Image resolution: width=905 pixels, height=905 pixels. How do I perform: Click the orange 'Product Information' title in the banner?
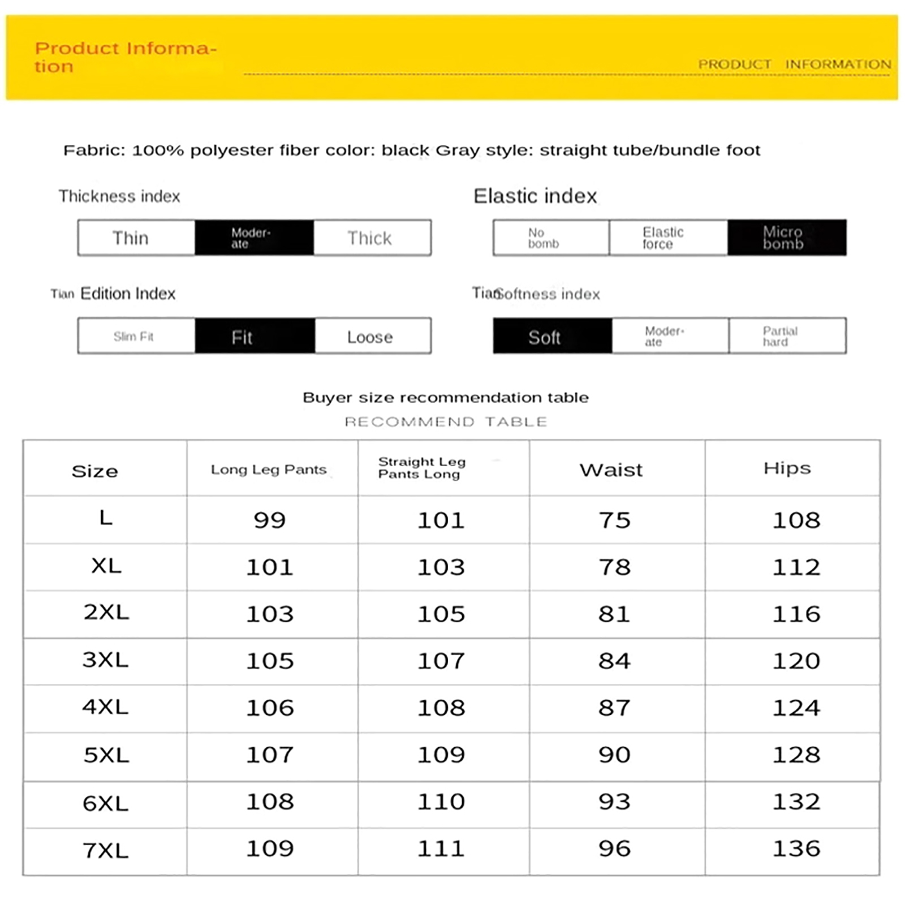click(125, 57)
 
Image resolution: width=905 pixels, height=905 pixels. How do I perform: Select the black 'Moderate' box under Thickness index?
click(254, 238)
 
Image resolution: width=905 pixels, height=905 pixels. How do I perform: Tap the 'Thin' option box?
click(136, 238)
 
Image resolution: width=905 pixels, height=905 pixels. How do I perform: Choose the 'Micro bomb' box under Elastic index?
click(786, 238)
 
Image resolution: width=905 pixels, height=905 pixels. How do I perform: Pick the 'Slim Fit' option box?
click(136, 337)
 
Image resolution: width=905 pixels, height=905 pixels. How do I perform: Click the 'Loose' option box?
click(372, 337)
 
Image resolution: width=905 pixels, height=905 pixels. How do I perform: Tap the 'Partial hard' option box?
click(787, 337)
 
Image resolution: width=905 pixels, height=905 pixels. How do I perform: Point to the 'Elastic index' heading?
click(535, 196)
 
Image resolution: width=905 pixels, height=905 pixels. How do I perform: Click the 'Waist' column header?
click(611, 470)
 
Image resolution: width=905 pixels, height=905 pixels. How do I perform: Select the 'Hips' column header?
click(787, 468)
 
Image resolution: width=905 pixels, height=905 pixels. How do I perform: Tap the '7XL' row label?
click(106, 850)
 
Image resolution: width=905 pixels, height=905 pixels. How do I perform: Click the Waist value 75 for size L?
click(614, 520)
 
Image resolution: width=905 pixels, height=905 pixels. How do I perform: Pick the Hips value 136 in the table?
click(796, 848)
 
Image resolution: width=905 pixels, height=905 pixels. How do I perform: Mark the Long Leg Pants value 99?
click(270, 520)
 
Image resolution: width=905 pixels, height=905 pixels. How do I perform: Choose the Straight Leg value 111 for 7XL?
click(441, 848)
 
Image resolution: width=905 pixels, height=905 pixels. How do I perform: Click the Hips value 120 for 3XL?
click(796, 661)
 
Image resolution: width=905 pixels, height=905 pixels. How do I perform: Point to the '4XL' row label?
click(106, 707)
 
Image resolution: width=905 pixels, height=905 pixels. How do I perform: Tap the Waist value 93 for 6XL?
click(614, 801)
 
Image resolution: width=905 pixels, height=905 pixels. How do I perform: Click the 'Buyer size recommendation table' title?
click(446, 398)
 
